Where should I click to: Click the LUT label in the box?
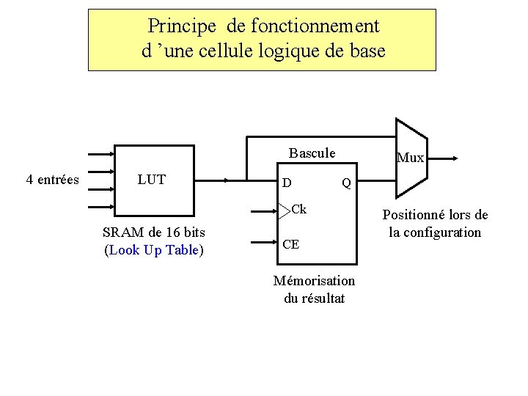click(x=151, y=180)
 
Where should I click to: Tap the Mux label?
click(x=411, y=158)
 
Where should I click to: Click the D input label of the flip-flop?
click(x=287, y=182)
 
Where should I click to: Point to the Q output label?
click(x=347, y=182)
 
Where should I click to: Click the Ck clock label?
click(x=298, y=210)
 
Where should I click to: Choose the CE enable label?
click(x=290, y=244)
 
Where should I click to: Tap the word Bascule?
click(x=312, y=153)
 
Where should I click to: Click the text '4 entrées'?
click(x=52, y=180)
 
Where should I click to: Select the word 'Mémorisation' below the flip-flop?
click(x=314, y=281)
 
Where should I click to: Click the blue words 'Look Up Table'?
click(x=154, y=250)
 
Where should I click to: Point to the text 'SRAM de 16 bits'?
click(x=154, y=232)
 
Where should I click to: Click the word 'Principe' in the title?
click(x=182, y=26)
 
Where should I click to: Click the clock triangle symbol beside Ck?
click(x=285, y=210)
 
